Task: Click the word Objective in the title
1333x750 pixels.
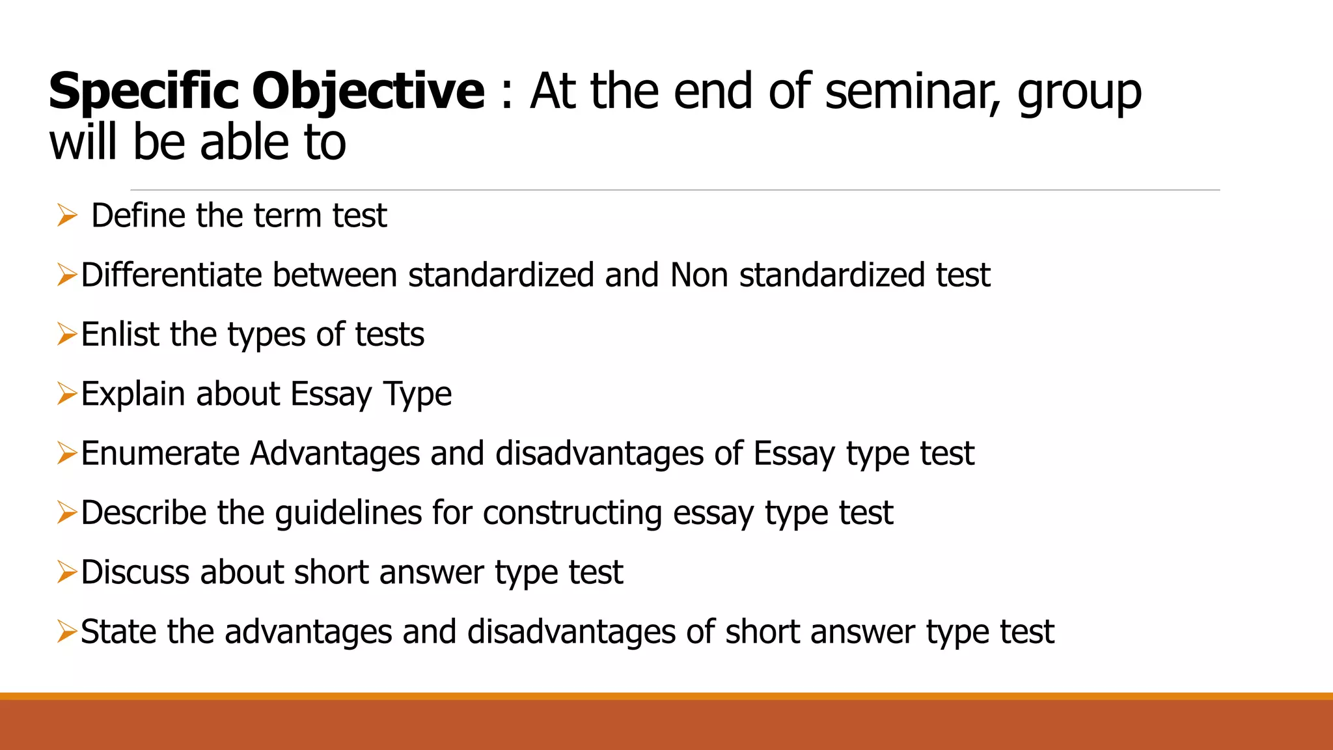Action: click(368, 91)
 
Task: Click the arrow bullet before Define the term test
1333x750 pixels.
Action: click(67, 215)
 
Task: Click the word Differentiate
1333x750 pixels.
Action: click(171, 275)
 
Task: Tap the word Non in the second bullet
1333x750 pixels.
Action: click(699, 275)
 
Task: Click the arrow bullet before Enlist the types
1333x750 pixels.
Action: click(67, 334)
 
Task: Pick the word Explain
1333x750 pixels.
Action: click(133, 394)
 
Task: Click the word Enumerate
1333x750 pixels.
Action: click(160, 453)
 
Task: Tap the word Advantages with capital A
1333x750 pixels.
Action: click(335, 453)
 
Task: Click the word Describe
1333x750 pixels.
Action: click(143, 513)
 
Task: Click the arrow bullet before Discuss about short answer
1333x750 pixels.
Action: click(67, 572)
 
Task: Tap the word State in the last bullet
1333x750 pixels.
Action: click(118, 632)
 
